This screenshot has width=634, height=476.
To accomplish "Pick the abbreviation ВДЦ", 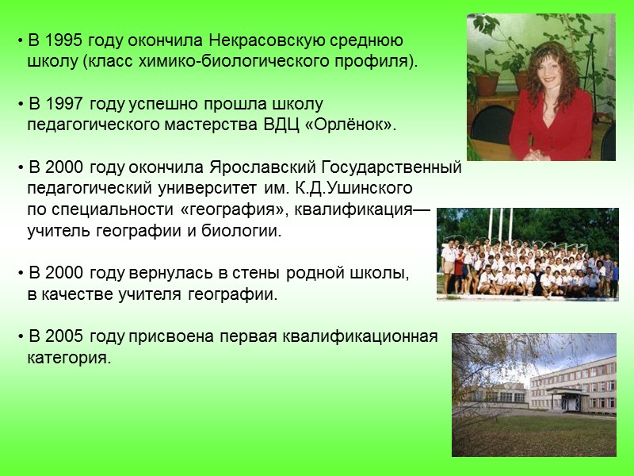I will [301, 125].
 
